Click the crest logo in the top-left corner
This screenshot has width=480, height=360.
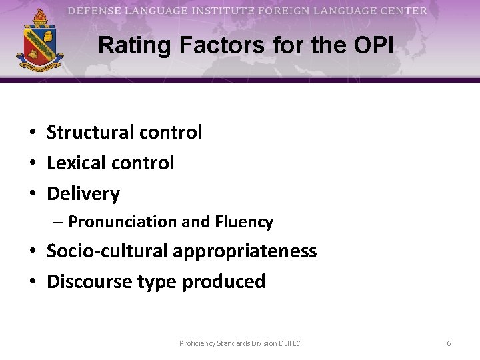(x=40, y=42)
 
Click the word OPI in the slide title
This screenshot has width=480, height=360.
(x=374, y=45)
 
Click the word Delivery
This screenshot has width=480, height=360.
(x=83, y=195)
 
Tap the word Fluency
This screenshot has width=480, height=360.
(x=243, y=222)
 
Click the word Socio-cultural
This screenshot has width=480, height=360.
(x=108, y=251)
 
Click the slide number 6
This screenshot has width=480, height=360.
(x=449, y=343)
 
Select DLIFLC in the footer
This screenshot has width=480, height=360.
(x=287, y=343)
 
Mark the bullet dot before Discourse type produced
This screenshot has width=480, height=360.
(x=32, y=282)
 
